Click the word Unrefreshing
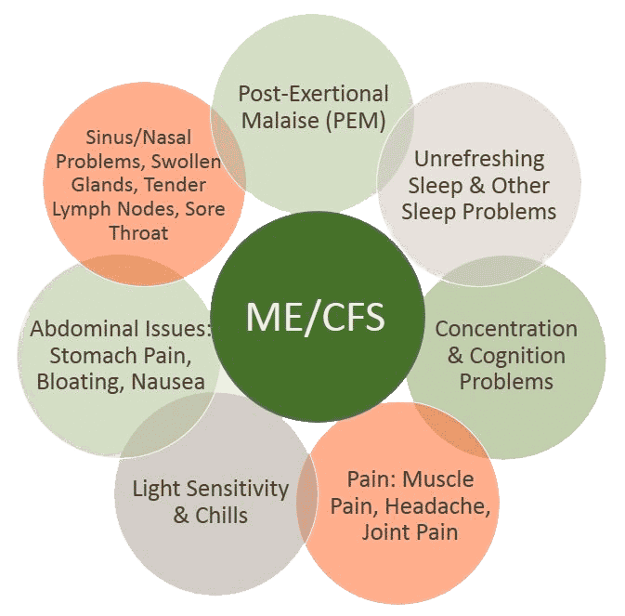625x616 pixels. pyautogui.click(x=479, y=159)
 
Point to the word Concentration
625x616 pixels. pyautogui.click(x=505, y=329)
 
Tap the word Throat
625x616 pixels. pyautogui.click(x=138, y=233)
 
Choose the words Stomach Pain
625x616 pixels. pyautogui.click(x=117, y=355)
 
